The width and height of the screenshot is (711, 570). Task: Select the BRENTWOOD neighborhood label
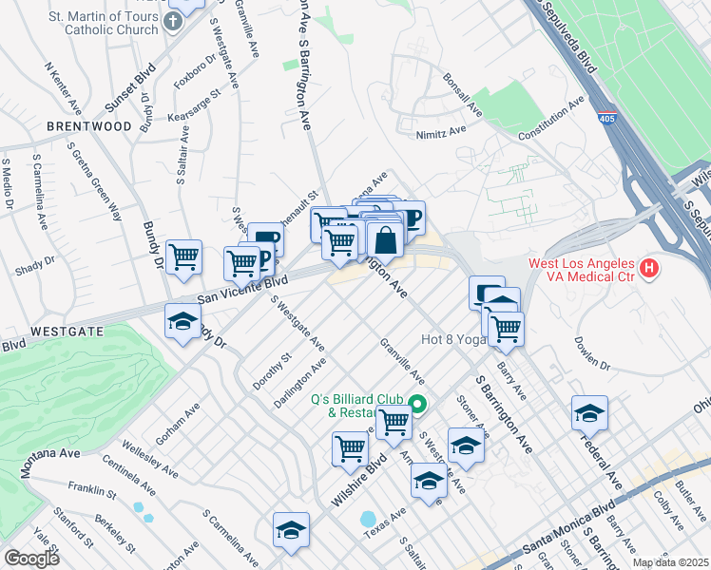(88, 126)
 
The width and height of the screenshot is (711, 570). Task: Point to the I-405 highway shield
(605, 119)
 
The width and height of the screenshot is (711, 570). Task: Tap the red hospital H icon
(649, 269)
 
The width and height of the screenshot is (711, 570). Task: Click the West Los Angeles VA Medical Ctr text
(583, 269)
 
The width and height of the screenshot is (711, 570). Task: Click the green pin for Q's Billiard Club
(418, 405)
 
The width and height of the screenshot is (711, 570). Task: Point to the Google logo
(31, 559)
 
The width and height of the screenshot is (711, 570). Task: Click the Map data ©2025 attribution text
(670, 562)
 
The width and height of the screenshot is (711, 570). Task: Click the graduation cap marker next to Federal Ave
(589, 413)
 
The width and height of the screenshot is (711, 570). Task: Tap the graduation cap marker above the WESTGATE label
(183, 322)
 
